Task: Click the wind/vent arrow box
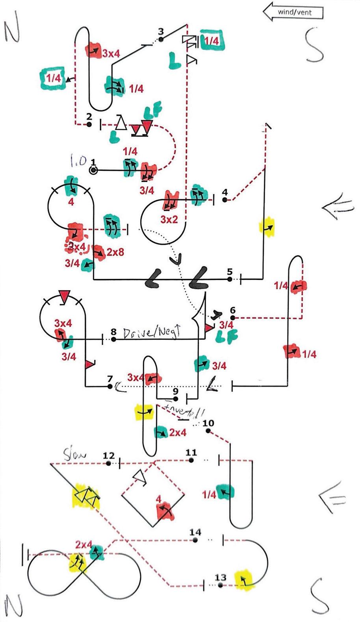click(293, 12)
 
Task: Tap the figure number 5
click(230, 272)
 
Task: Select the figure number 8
click(114, 331)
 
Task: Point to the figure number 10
click(208, 423)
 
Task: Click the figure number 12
click(108, 456)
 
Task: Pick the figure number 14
click(195, 532)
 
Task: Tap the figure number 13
click(221, 578)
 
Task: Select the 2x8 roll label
click(115, 252)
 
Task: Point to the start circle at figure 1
click(93, 170)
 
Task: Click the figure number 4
click(225, 193)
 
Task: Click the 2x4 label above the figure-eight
click(84, 545)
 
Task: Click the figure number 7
click(110, 379)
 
